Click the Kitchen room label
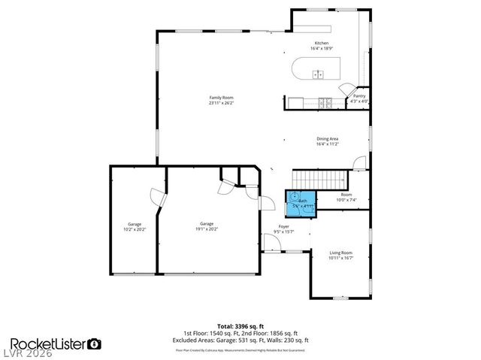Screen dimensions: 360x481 pos(321,44)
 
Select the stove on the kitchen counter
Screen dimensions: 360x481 pos(324,102)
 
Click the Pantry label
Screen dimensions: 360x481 pos(358,96)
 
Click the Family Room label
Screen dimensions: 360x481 pos(221,98)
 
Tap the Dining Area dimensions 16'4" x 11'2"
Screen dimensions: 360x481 pos(327,144)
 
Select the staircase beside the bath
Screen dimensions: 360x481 pos(321,180)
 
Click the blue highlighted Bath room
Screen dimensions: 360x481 pos(301,202)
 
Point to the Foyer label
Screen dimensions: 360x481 pos(283,226)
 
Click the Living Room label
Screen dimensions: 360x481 pos(340,253)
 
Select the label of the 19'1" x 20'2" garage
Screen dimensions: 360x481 pos(206,225)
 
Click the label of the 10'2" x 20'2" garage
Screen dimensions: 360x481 pos(135,225)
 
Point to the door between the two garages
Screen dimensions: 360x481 pos(157,197)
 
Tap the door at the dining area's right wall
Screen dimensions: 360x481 pos(361,162)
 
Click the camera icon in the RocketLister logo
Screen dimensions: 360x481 pos(95,343)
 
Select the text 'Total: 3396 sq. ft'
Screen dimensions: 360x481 pos(240,325)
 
